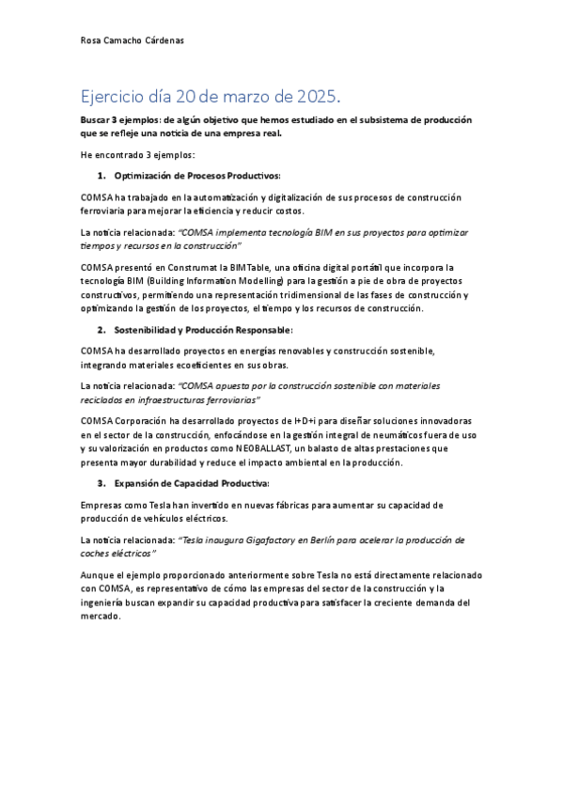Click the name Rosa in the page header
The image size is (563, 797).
pyautogui.click(x=92, y=40)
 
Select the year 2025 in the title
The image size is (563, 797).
pyautogui.click(x=318, y=97)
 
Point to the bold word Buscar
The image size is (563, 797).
pyautogui.click(x=96, y=119)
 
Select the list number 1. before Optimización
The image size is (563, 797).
pyautogui.click(x=102, y=176)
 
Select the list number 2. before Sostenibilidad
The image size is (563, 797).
pyautogui.click(x=102, y=330)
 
